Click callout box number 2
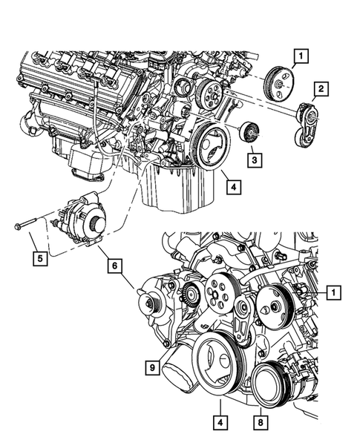321,91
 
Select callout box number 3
253,158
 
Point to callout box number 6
114,263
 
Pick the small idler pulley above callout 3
251,134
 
